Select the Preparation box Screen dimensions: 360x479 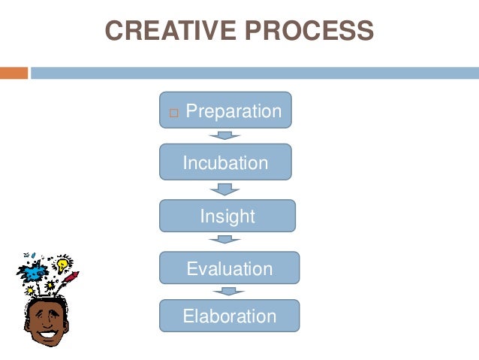tap(225, 110)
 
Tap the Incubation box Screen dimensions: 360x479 tap(225, 162)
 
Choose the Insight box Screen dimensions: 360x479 tap(227, 216)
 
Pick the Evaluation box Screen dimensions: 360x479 tap(229, 268)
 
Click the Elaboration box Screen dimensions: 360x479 tap(229, 316)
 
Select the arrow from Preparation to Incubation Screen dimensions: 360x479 tap(224, 135)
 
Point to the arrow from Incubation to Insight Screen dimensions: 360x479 tap(224, 189)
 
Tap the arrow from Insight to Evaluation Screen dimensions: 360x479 tap(224, 240)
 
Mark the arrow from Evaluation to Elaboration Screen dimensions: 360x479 tap(224, 291)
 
